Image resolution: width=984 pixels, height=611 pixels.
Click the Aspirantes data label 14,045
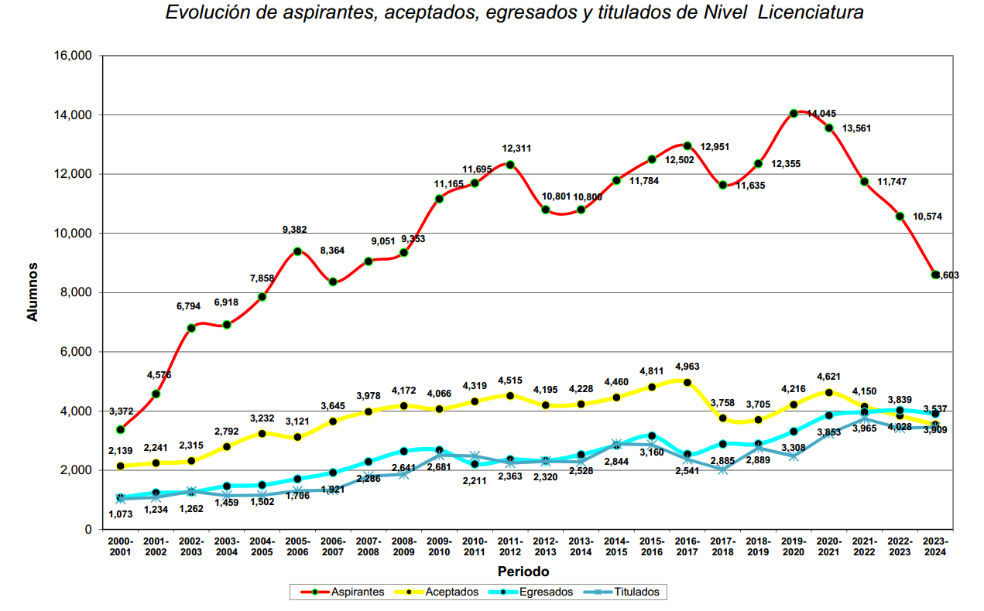coord(821,114)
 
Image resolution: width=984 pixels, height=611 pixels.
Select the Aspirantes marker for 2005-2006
coord(297,251)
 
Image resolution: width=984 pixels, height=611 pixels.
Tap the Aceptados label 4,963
coord(687,367)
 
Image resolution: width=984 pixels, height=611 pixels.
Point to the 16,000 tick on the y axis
coord(74,56)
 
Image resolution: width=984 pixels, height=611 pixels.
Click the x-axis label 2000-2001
coord(120,547)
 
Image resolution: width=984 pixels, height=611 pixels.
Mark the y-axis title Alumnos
coord(33,292)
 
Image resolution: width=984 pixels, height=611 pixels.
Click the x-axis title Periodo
coord(523,572)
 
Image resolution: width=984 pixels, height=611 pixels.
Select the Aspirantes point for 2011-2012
coord(510,165)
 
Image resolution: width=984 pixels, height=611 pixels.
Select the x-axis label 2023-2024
coord(935,547)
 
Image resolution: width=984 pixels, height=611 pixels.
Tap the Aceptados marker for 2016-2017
coord(687,383)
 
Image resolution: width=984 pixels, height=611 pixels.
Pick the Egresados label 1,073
coord(120,514)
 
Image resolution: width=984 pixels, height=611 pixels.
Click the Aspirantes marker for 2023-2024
coord(935,275)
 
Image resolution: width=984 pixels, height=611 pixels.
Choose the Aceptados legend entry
coord(452,592)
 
